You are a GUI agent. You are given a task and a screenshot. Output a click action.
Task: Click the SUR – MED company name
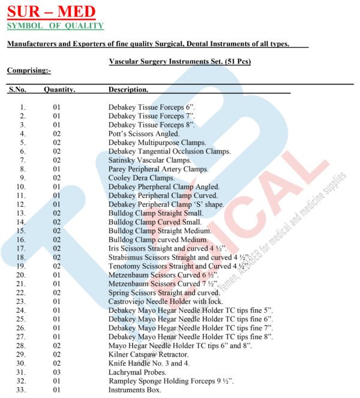(x=51, y=11)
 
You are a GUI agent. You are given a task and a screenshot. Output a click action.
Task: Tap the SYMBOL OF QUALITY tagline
(x=55, y=26)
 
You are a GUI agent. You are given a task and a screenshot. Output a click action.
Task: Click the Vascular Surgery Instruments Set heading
(x=179, y=61)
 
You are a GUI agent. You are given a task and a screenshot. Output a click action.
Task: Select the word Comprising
(x=29, y=70)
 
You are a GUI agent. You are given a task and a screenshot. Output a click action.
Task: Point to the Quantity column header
(x=59, y=89)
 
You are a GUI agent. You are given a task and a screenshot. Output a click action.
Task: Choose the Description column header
(x=128, y=89)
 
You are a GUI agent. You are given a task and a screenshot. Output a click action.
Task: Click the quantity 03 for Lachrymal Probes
(x=57, y=372)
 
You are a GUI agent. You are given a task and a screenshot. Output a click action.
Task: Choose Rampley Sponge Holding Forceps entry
(x=171, y=381)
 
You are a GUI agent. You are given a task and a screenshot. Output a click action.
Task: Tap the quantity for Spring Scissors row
(x=57, y=292)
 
